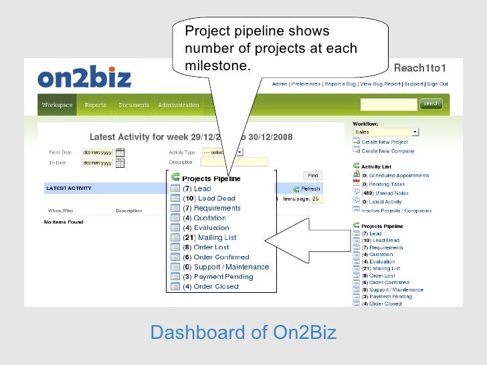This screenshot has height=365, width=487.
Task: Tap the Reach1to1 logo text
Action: click(419, 68)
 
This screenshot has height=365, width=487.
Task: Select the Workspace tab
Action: click(57, 105)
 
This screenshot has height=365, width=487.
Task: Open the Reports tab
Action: click(96, 105)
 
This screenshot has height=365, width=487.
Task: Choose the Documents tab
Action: click(134, 105)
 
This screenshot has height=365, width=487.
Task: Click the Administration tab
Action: click(179, 105)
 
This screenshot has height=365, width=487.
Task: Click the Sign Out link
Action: click(437, 84)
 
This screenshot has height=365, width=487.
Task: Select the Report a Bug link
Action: click(340, 84)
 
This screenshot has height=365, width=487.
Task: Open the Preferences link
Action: click(306, 84)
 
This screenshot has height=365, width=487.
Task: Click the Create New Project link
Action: click(385, 142)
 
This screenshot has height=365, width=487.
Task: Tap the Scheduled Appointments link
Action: click(395, 175)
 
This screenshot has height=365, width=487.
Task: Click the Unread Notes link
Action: click(386, 193)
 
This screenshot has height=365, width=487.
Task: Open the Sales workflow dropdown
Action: click(386, 132)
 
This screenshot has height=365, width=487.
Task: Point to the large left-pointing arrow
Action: click(304, 237)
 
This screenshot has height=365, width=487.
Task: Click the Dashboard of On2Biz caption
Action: click(243, 332)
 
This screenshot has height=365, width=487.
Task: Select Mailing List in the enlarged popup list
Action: click(215, 237)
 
